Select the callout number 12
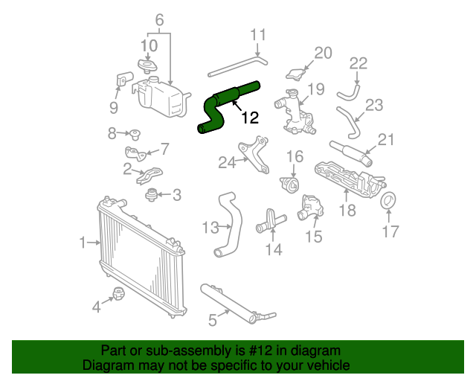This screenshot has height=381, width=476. (250, 118)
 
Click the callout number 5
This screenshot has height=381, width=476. (213, 321)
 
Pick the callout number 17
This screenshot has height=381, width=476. (390, 231)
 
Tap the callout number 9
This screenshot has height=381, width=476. (114, 108)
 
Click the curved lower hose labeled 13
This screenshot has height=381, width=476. (225, 223)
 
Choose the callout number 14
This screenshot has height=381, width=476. (274, 249)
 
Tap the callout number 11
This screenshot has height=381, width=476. (257, 34)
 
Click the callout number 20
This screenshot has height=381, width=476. (322, 52)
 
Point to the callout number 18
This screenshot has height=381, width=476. (348, 212)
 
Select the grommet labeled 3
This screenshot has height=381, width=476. (152, 196)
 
